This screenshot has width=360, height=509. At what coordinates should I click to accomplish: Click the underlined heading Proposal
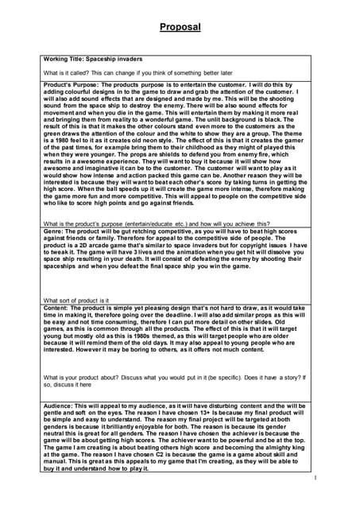pos(180,26)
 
